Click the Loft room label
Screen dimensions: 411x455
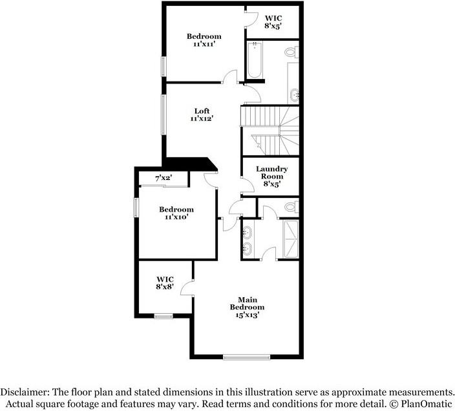(202, 114)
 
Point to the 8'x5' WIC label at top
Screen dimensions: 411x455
(272, 21)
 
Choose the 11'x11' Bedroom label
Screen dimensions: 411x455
(204, 40)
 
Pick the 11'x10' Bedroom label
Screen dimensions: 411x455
(176, 214)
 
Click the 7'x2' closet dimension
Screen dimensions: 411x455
(163, 177)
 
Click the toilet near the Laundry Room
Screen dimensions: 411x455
(291, 207)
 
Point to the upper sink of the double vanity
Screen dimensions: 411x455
(248, 230)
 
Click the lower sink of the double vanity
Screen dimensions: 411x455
(248, 247)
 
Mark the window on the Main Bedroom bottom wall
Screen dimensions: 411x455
(246, 357)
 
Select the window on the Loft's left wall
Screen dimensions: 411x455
(164, 116)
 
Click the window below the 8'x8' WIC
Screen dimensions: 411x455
(164, 316)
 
